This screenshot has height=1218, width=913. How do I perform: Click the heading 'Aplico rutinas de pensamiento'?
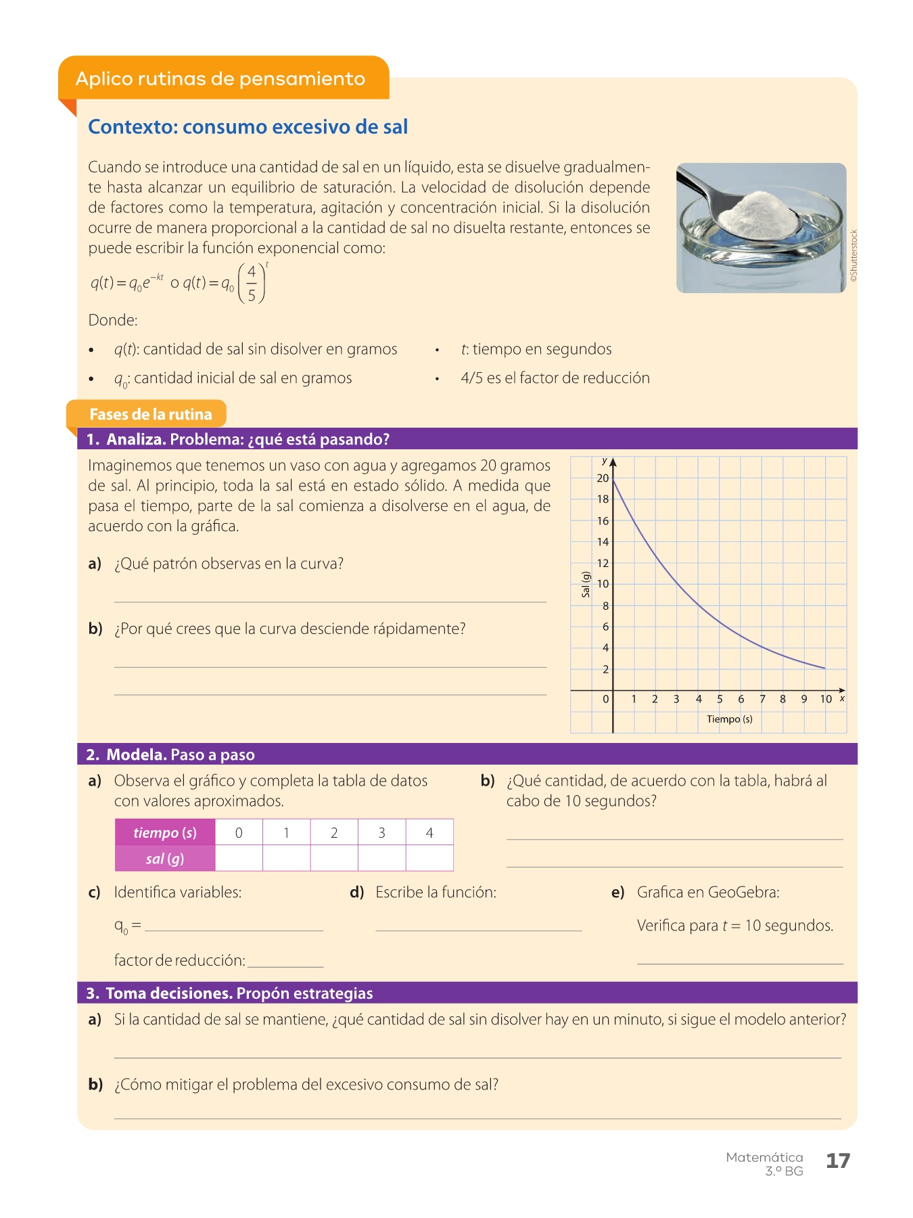tap(220, 78)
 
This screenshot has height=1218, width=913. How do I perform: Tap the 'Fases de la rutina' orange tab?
tap(150, 414)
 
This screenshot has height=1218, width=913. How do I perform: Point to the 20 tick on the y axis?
tap(603, 478)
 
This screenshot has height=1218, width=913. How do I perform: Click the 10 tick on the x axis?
tap(826, 699)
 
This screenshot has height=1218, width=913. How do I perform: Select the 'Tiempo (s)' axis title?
tap(729, 719)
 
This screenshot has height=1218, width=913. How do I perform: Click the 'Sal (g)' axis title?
tap(586, 584)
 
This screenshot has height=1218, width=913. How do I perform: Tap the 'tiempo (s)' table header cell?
tap(165, 832)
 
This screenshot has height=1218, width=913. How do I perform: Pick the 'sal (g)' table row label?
tap(165, 859)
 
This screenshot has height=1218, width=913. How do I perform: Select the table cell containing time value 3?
tap(381, 832)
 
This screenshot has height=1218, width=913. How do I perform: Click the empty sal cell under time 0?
tap(239, 859)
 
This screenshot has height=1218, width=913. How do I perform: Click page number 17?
tap(837, 1160)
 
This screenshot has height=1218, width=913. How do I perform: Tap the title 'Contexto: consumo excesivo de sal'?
tap(248, 127)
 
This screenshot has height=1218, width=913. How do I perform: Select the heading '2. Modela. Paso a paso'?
tap(170, 754)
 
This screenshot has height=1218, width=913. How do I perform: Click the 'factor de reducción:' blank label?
tap(180, 960)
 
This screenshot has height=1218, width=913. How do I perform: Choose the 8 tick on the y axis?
tap(605, 606)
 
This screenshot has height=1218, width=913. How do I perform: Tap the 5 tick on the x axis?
tap(720, 699)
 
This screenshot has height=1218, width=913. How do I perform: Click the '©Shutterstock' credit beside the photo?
tap(853, 255)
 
